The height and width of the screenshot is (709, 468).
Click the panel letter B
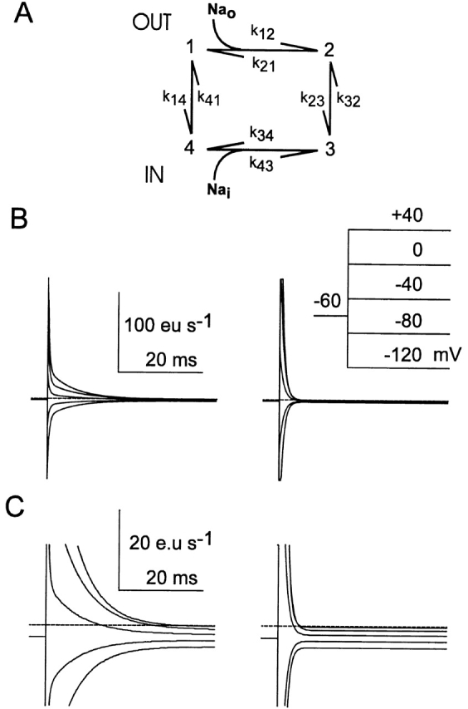(x=19, y=218)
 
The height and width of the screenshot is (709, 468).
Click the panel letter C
(x=17, y=507)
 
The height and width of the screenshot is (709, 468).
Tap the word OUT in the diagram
(x=152, y=22)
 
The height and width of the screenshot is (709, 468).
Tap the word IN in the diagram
(x=154, y=175)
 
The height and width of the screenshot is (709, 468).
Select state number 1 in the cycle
(x=192, y=47)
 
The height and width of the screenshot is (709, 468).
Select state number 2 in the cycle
(x=329, y=49)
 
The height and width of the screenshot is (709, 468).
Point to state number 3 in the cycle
(x=330, y=149)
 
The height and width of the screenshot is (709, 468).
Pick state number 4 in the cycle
(x=190, y=147)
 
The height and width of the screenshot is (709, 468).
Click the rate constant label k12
(x=262, y=32)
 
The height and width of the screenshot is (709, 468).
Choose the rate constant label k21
(x=264, y=64)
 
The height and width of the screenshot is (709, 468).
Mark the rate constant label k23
(x=313, y=99)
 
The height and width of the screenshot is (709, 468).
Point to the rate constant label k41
(x=208, y=98)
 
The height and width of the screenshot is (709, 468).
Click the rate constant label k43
(x=261, y=164)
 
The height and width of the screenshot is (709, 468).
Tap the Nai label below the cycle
(x=218, y=190)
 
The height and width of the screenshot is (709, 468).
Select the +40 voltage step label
(x=407, y=215)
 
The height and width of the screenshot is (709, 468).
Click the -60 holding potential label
(x=328, y=301)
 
